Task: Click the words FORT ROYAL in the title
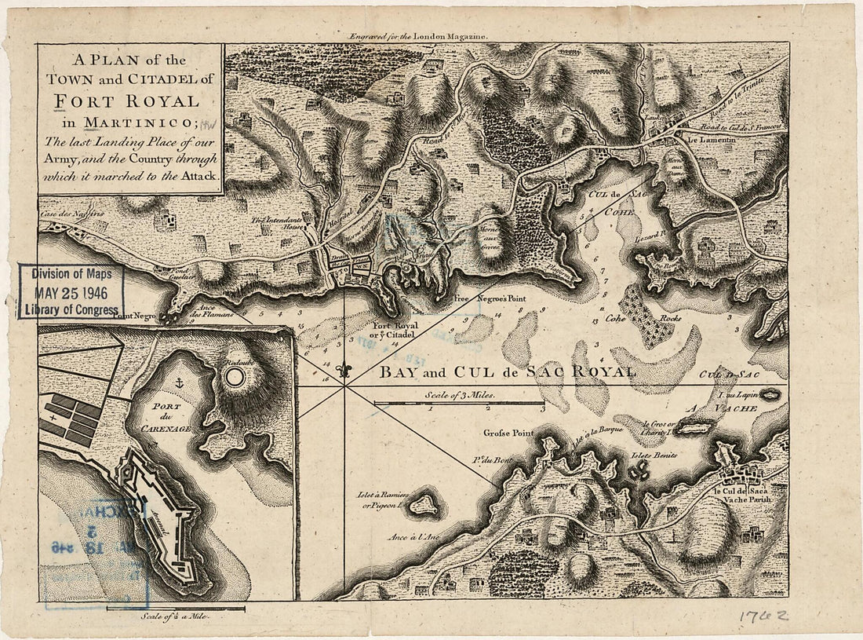tap(132, 101)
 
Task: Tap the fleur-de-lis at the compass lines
tap(344, 370)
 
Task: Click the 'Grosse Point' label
tap(508, 433)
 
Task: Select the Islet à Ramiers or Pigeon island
tap(424, 503)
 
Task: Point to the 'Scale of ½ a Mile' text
tap(174, 618)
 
